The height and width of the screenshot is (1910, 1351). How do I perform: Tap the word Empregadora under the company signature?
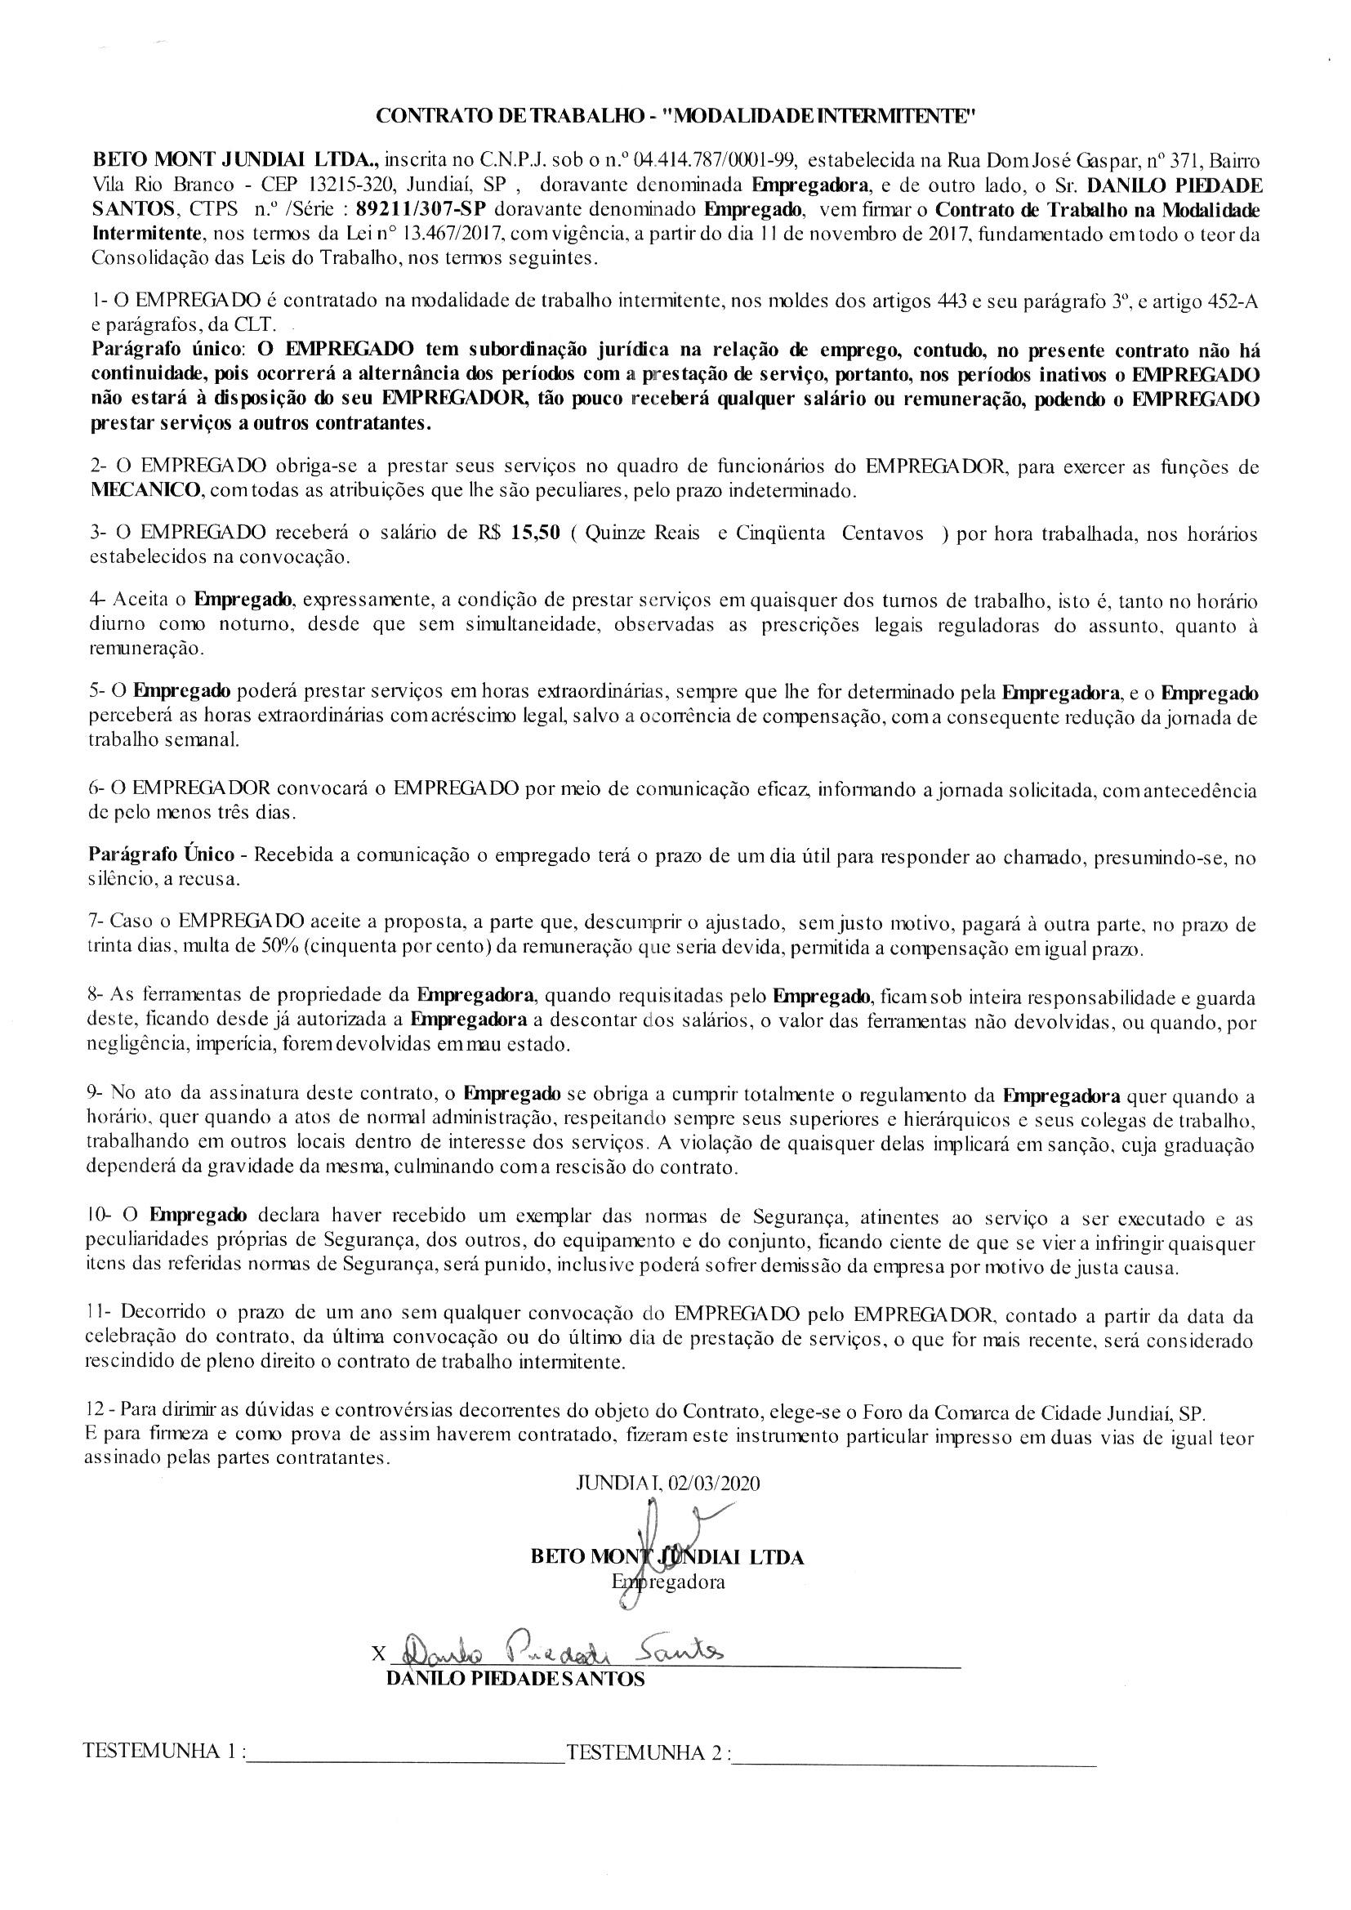pos(668,1582)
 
